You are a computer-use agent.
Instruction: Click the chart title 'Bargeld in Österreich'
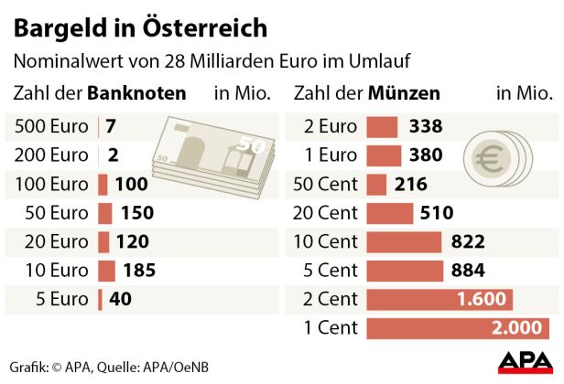(x=140, y=27)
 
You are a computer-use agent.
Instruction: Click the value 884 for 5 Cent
(x=469, y=271)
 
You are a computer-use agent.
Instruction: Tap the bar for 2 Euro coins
(x=383, y=127)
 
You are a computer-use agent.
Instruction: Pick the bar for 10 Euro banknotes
(x=106, y=271)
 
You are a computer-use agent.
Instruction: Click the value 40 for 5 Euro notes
(x=120, y=299)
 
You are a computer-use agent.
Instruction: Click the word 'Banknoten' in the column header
(x=136, y=93)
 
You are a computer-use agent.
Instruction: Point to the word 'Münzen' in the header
(x=403, y=93)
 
